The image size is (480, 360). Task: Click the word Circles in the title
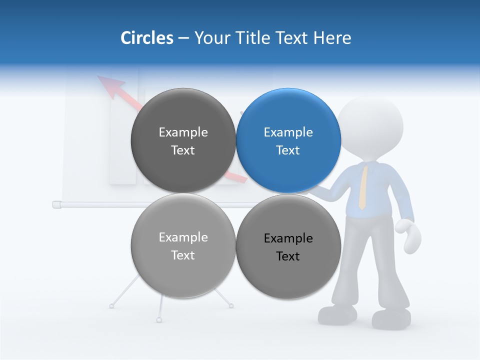pyautogui.click(x=147, y=38)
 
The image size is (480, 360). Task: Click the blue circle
pyautogui.click(x=288, y=140)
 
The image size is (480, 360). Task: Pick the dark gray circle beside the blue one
pyautogui.click(x=183, y=140)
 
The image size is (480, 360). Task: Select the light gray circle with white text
pyautogui.click(x=183, y=245)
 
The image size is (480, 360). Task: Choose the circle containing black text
pyautogui.click(x=288, y=246)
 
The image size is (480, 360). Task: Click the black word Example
pyautogui.click(x=288, y=238)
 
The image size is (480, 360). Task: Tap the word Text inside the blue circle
pyautogui.click(x=288, y=150)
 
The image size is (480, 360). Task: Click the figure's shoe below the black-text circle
pyautogui.click(x=337, y=314)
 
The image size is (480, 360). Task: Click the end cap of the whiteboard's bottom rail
pyautogui.click(x=56, y=204)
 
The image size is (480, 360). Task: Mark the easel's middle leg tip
pyautogui.click(x=159, y=319)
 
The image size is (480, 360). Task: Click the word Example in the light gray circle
pyautogui.click(x=183, y=237)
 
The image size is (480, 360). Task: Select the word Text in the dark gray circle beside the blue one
pyautogui.click(x=183, y=150)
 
